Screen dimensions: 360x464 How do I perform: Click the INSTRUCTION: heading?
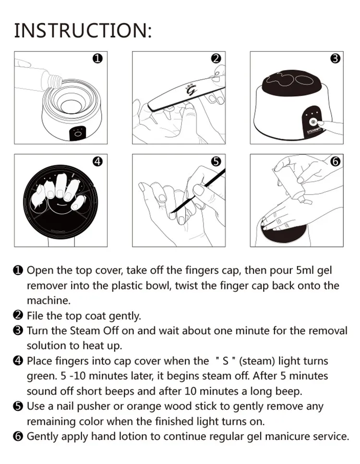[83, 30]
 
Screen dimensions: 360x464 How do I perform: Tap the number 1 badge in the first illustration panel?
[97, 59]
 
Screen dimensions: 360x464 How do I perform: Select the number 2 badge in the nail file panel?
[216, 59]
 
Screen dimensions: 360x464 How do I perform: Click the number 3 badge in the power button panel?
[335, 59]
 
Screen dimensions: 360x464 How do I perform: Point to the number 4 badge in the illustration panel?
[97, 161]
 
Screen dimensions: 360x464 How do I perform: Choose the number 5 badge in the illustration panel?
[216, 161]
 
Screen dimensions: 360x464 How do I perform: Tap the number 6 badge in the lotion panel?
[335, 161]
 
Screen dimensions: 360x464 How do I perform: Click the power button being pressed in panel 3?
[312, 122]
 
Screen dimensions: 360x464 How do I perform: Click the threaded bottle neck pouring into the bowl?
[57, 79]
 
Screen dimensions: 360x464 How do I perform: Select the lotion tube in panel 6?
[291, 185]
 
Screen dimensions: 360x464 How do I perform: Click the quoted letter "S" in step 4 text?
[226, 361]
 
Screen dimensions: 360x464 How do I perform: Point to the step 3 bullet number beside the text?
[18, 330]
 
